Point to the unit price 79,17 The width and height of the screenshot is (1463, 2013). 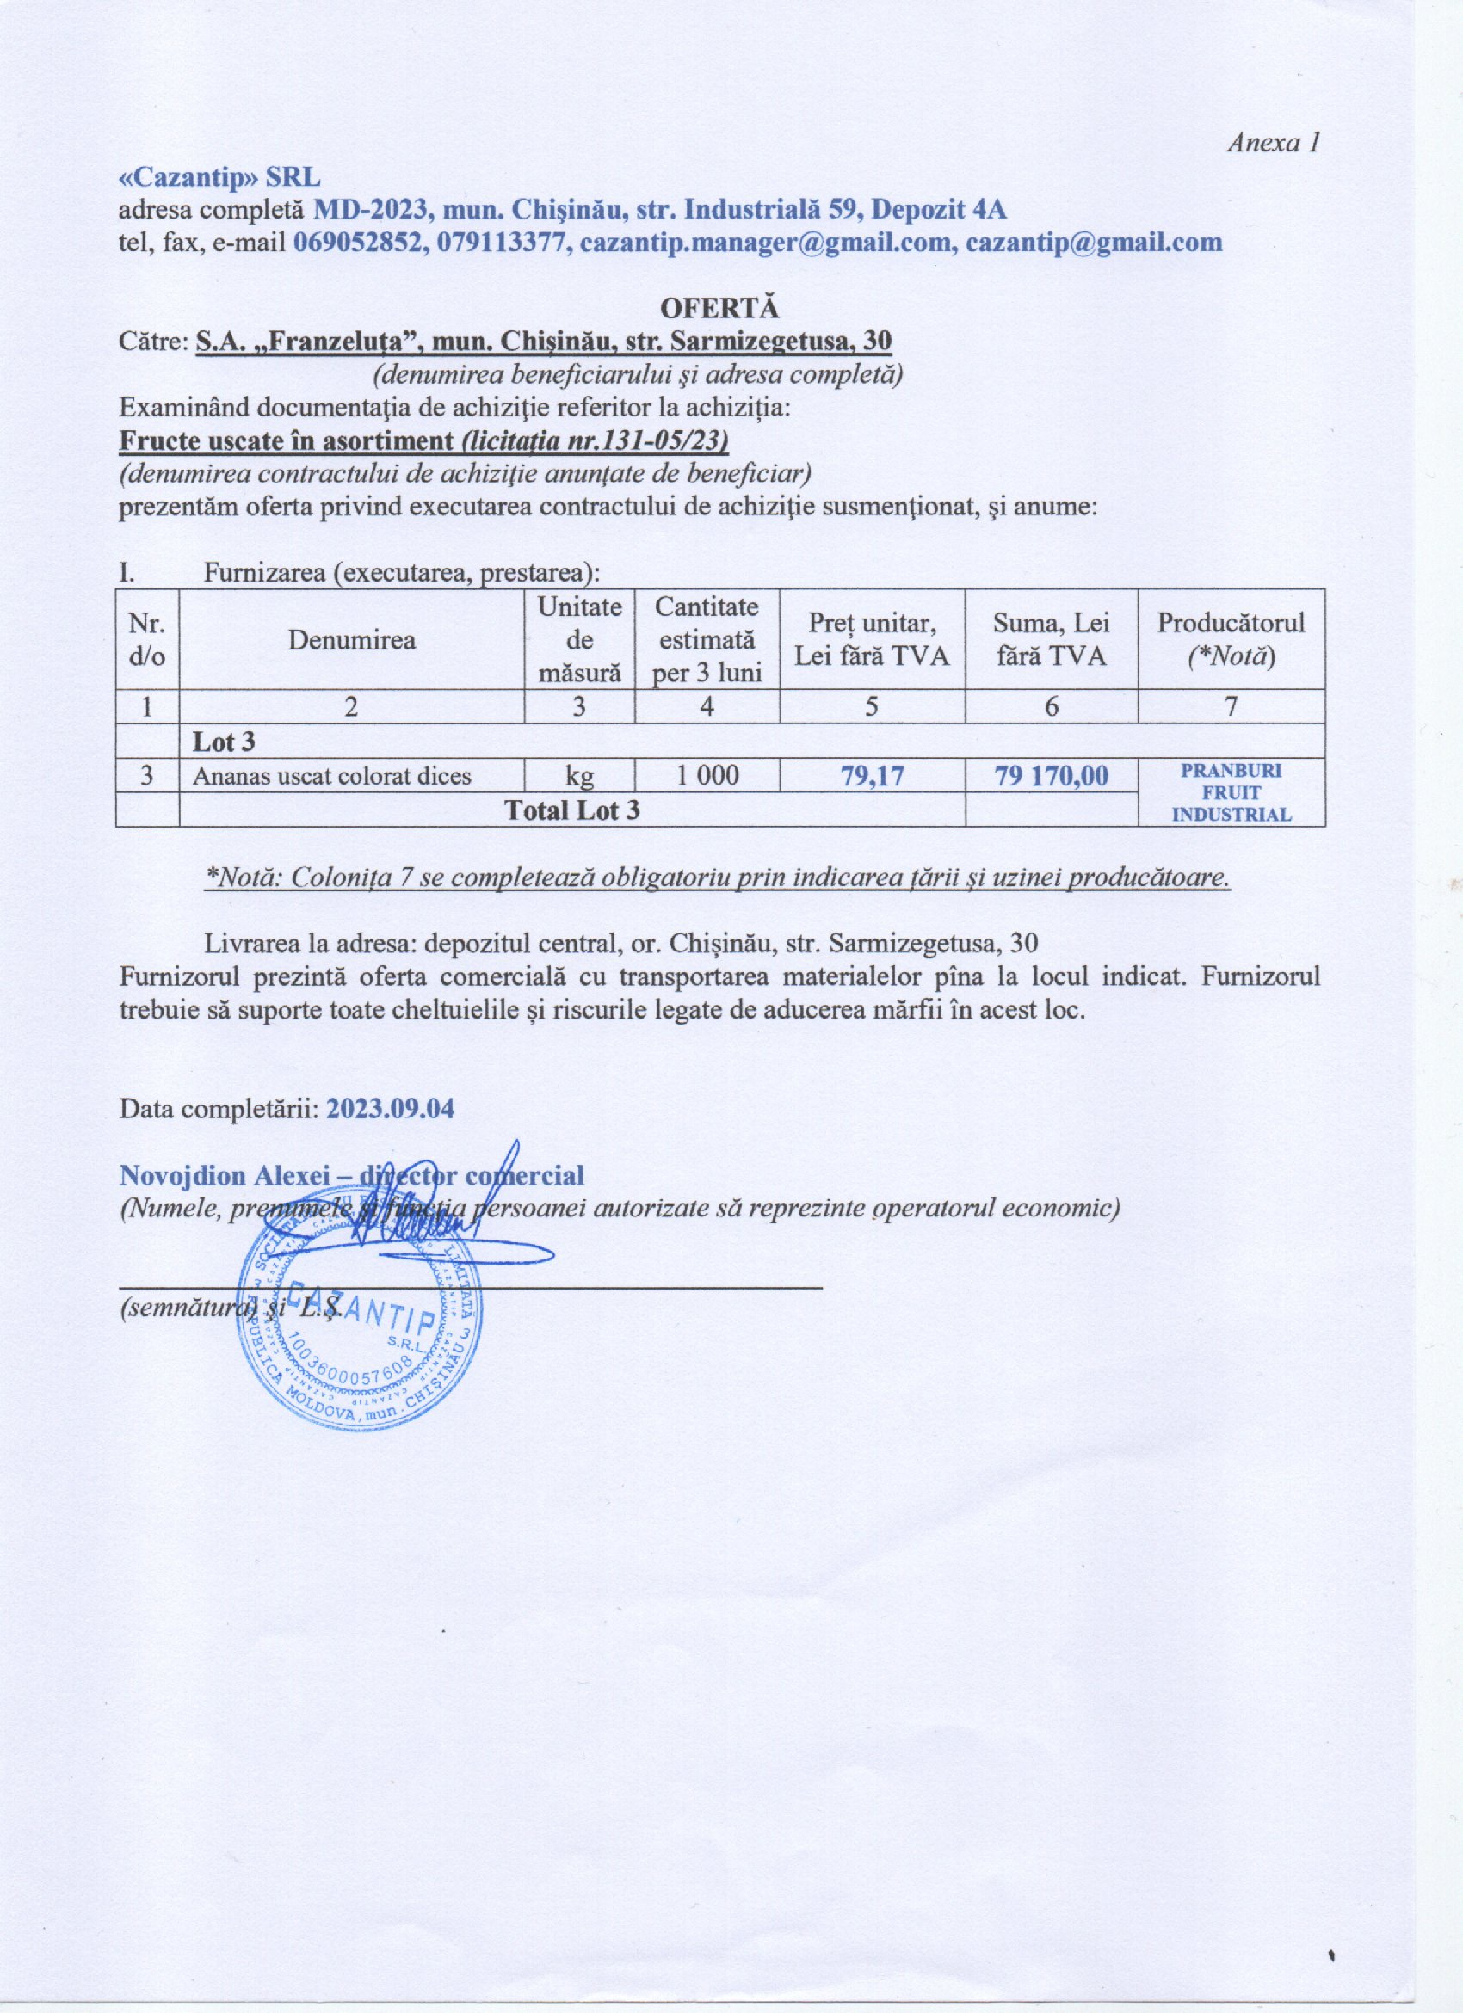coord(872,777)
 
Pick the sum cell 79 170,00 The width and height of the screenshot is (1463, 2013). coord(1051,777)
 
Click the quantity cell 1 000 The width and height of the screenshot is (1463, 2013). coord(707,776)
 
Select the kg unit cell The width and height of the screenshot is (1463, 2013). coord(580,776)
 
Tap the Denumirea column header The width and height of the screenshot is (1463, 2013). coord(351,639)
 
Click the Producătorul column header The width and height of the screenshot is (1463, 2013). coord(1231,638)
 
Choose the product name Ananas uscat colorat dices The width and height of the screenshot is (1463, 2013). coord(332,777)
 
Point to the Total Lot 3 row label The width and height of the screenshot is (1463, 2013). coord(571,810)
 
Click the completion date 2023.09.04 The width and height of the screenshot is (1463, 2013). coord(391,1110)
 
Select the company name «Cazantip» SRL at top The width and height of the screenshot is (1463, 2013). coord(220,176)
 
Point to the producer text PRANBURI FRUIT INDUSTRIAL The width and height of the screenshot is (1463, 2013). coord(1231,792)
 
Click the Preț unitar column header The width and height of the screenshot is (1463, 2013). coord(872,639)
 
